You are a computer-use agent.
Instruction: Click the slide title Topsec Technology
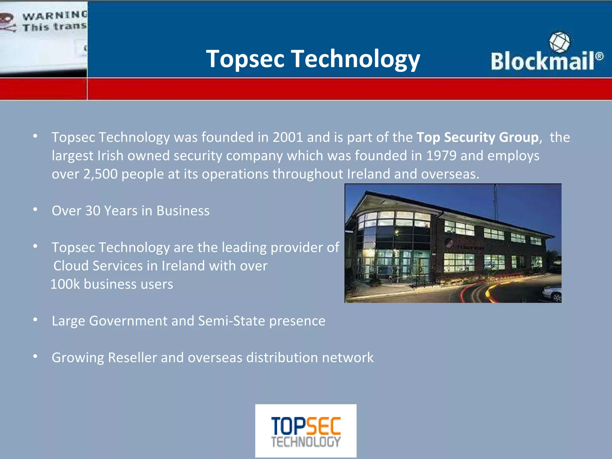313,59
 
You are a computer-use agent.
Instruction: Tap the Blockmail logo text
542,61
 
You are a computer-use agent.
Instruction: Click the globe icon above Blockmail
559,42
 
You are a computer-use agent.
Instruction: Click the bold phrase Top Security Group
478,137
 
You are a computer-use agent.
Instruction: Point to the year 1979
441,156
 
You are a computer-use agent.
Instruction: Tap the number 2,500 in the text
100,174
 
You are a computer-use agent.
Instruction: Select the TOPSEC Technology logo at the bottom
306,431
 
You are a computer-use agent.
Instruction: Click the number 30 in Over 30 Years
93,211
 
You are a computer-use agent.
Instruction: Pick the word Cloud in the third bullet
71,266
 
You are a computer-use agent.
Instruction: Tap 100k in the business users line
65,284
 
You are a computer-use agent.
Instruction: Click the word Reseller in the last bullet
132,358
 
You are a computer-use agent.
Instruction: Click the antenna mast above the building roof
496,202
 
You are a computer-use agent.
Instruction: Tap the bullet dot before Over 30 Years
35,210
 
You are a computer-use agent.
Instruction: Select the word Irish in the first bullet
110,156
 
